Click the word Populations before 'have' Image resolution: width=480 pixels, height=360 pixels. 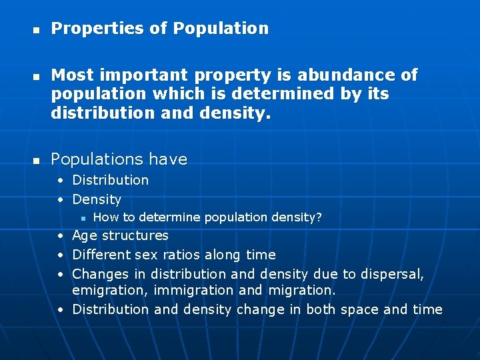tap(97, 159)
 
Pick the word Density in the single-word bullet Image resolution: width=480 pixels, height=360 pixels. tap(97, 199)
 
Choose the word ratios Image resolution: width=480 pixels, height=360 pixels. tap(181, 255)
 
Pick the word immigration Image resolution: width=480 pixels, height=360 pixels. tap(193, 291)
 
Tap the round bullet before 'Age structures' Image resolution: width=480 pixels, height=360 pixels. tap(60, 235)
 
